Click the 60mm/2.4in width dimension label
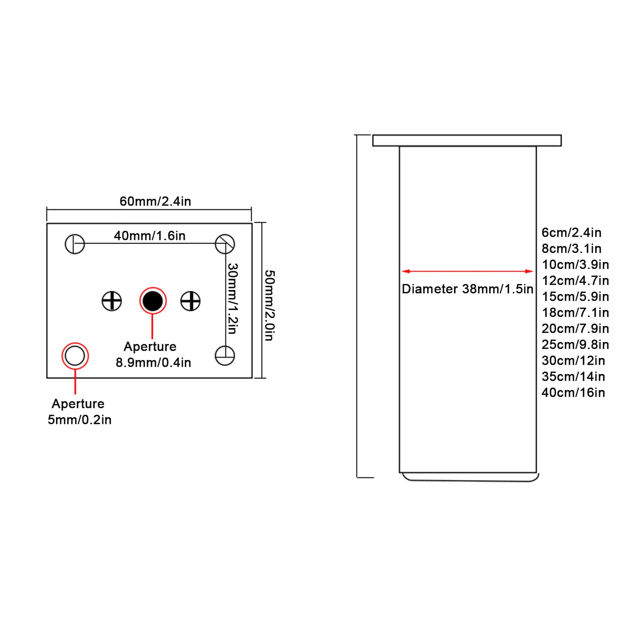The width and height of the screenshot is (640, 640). click(155, 201)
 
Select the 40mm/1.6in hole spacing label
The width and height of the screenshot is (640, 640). click(150, 236)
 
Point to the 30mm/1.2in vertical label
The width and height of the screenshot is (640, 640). click(233, 298)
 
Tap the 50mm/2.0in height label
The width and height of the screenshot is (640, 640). click(270, 305)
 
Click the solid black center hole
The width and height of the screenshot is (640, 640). click(153, 301)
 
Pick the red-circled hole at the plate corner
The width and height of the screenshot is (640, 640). click(75, 356)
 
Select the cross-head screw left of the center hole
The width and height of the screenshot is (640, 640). click(112, 301)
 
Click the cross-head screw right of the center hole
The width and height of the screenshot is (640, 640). click(190, 301)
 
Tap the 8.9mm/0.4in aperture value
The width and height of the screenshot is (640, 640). click(153, 362)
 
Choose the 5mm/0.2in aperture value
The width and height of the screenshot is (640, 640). click(80, 420)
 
